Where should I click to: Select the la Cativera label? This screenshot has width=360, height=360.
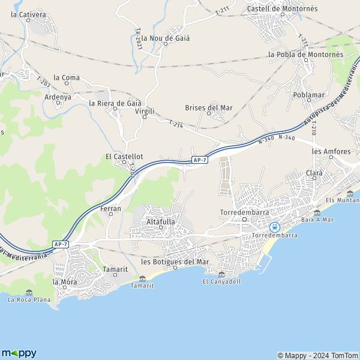coord(28,14)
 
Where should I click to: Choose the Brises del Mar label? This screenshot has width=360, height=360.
coord(208,108)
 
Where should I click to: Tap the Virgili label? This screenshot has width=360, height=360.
coord(145,112)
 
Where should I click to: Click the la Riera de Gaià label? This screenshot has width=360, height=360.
coord(115,103)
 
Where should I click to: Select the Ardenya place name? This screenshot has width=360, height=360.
coord(58,97)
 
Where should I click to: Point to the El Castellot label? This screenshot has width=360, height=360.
coord(124,157)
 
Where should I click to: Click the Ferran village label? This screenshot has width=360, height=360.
coord(111,209)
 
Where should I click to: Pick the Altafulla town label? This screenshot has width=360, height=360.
coord(160,221)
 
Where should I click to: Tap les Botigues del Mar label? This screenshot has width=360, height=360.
coord(175,262)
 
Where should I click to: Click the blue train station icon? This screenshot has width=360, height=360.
coord(274,227)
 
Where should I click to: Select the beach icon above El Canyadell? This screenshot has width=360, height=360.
coord(221,274)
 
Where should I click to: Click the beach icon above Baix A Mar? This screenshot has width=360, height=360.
coord(317,212)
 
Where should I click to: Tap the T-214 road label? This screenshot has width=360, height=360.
coord(175,124)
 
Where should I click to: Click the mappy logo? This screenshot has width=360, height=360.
coord(19,353)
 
